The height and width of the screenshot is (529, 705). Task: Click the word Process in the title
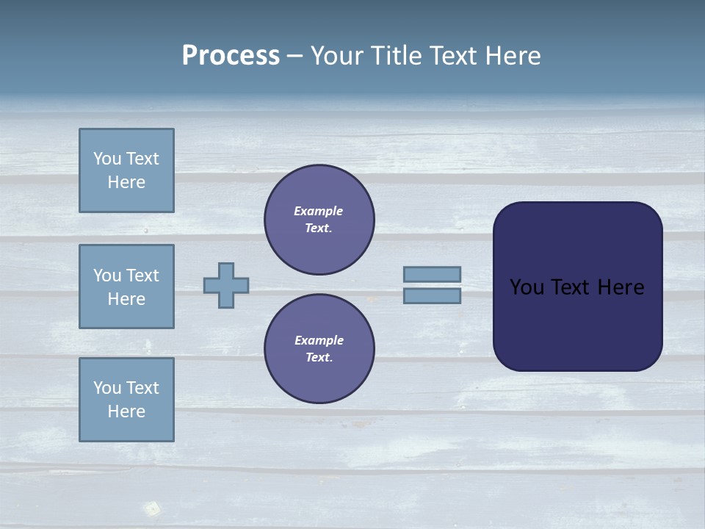(x=231, y=56)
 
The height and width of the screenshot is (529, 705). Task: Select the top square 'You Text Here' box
(x=126, y=170)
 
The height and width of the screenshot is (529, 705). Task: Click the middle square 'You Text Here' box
(x=126, y=287)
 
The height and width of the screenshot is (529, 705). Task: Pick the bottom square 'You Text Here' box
(x=126, y=400)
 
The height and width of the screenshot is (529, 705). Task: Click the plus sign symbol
(x=226, y=285)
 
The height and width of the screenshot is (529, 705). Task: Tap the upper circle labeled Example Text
(x=319, y=220)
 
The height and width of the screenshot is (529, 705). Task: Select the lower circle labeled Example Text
(x=319, y=349)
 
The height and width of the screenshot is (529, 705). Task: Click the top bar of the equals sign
(x=433, y=274)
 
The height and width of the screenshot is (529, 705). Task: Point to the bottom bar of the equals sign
(x=433, y=296)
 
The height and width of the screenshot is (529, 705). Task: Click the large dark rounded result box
(x=577, y=323)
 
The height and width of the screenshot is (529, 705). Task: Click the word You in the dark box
(x=526, y=287)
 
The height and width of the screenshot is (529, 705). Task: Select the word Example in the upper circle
(x=319, y=211)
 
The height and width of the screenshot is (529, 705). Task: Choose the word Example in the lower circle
(x=319, y=340)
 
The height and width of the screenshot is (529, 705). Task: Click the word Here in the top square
(x=126, y=182)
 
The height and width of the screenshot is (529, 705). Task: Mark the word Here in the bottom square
(x=126, y=411)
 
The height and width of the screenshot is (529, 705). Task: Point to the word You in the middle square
(x=106, y=276)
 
